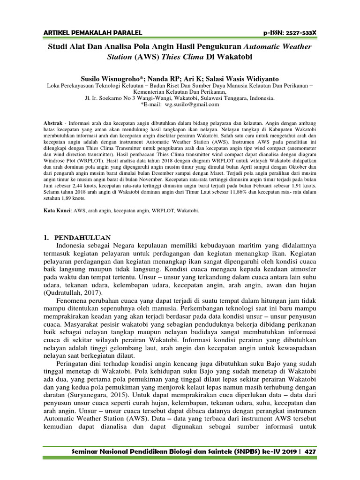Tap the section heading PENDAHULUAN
click(x=83, y=238)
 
